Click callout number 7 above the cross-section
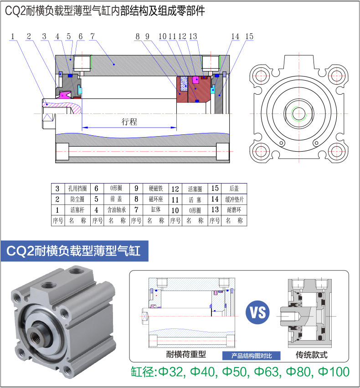[x=93, y=36]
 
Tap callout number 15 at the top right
[x=249, y=36]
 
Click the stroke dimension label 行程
[x=129, y=122]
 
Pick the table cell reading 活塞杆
[x=75, y=210]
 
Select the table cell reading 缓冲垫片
[x=234, y=199]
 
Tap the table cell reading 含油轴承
[x=116, y=210]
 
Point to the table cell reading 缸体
[x=155, y=210]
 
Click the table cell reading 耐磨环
[x=234, y=210]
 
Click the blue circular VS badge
[x=257, y=313]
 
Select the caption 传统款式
[x=312, y=355]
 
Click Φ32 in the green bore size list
[x=170, y=372]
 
